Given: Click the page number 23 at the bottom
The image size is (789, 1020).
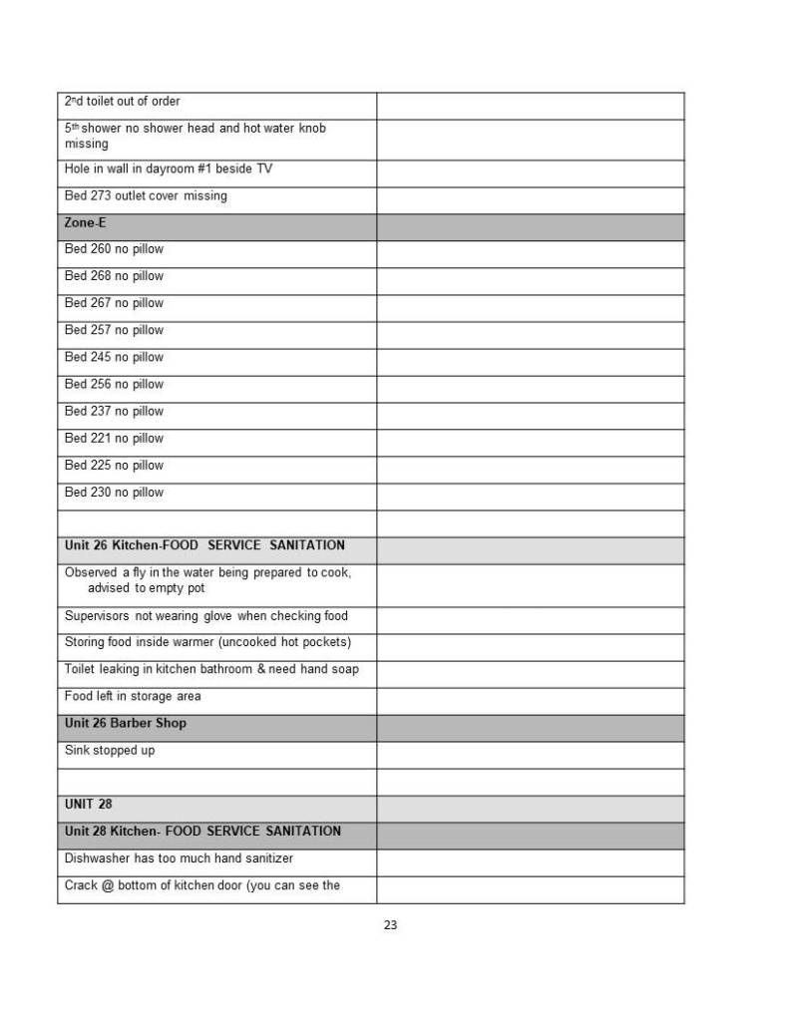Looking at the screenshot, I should [390, 925].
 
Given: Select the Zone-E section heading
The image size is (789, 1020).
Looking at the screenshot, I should [85, 223].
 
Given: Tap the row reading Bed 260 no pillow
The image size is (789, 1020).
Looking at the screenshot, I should [114, 249].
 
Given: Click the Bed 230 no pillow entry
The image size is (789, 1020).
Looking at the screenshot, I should [114, 493].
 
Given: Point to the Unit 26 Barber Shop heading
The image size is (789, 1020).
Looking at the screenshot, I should [125, 723].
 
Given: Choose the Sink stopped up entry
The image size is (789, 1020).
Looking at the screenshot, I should [110, 750].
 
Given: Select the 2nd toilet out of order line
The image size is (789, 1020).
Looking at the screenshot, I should [122, 102].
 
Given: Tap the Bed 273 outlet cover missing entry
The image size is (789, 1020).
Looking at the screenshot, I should [146, 196].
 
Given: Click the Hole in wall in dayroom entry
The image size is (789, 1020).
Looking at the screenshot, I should [168, 170].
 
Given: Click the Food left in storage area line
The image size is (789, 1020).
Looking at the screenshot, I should [133, 696].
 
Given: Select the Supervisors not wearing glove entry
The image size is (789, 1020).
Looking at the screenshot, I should [205, 616].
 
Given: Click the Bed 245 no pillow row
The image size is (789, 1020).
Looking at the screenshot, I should [114, 357].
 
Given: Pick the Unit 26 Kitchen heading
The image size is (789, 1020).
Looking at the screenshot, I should [204, 545].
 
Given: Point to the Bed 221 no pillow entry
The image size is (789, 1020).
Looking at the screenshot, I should [114, 439].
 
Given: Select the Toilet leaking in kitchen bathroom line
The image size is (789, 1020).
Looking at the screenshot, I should [211, 669].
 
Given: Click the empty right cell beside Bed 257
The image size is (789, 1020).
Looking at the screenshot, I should [530, 330].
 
